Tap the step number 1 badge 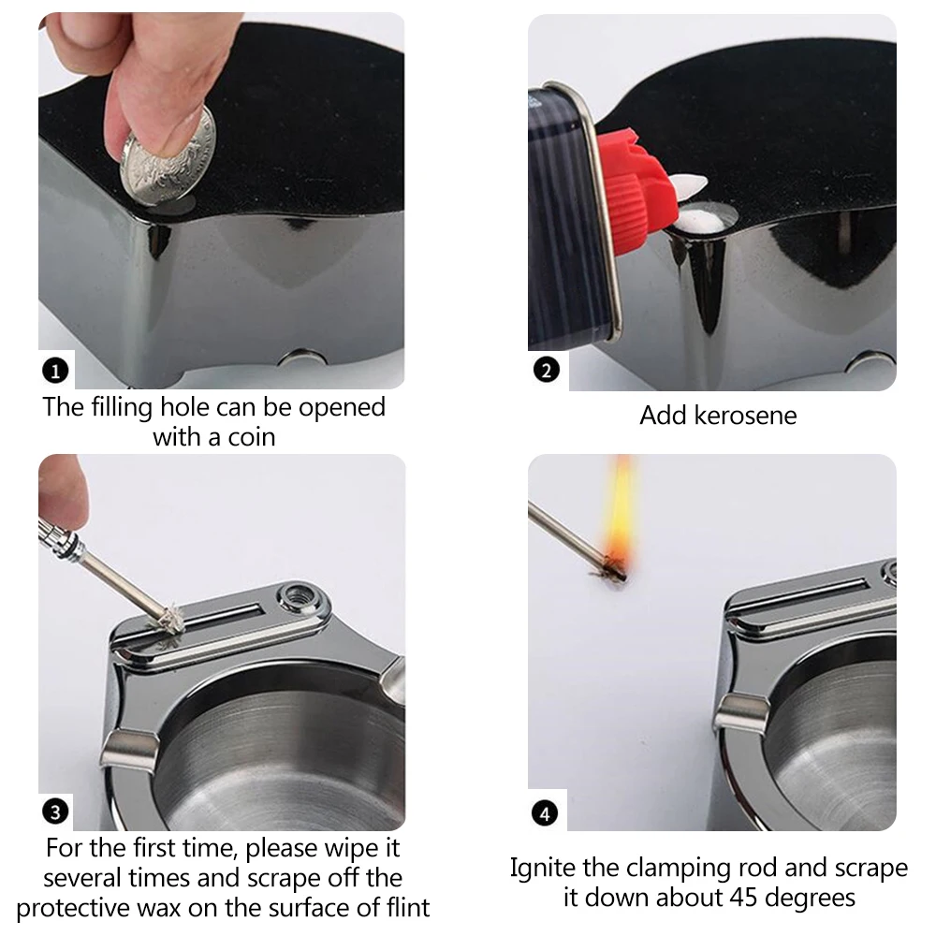click(x=55, y=372)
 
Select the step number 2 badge click(x=547, y=370)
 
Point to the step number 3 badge click(x=55, y=812)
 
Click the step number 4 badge click(x=545, y=813)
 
